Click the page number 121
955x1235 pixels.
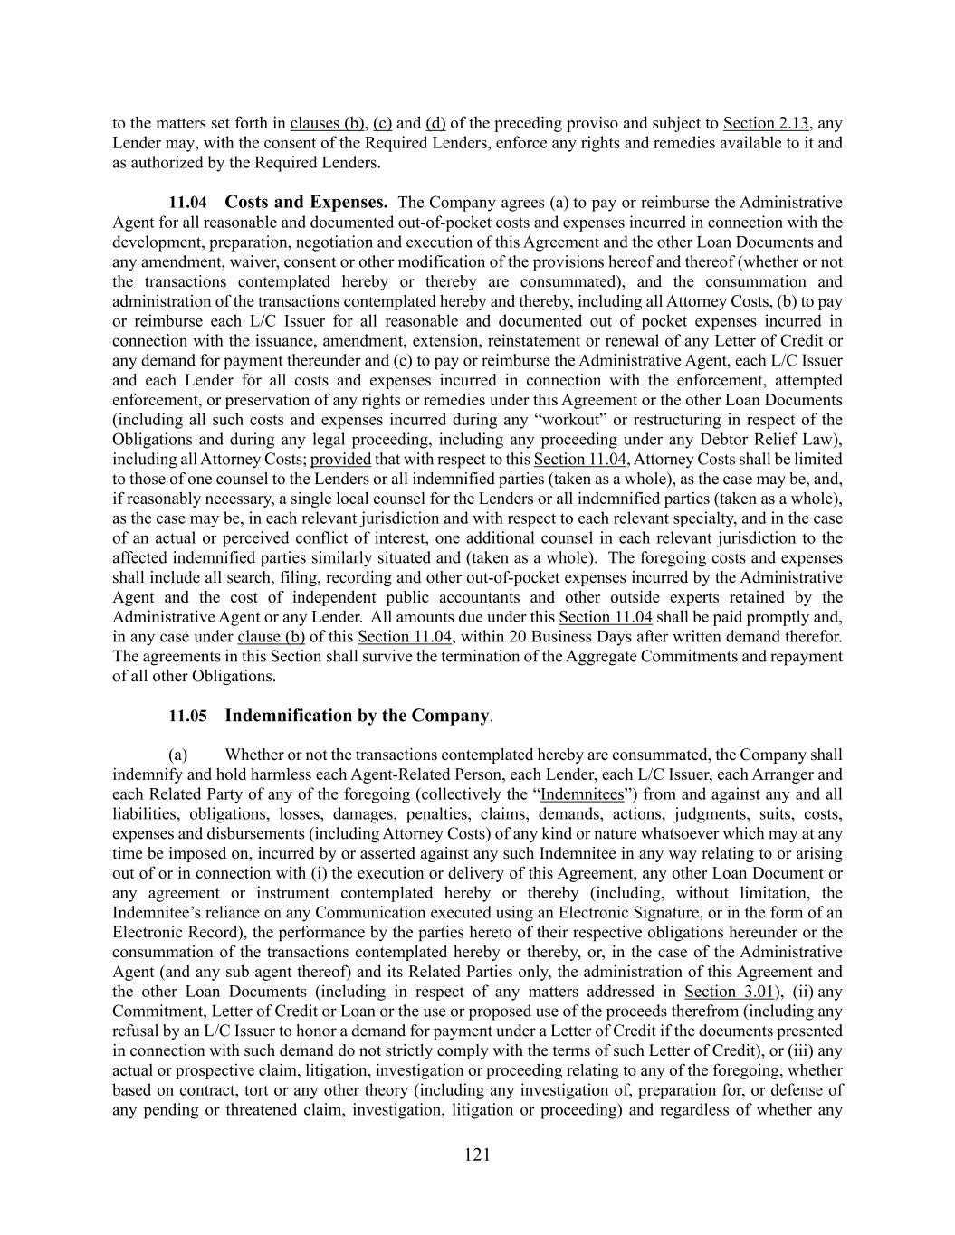point(477,1154)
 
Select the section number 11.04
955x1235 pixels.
point(187,202)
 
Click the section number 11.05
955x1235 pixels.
point(187,716)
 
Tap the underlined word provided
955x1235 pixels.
point(340,459)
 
